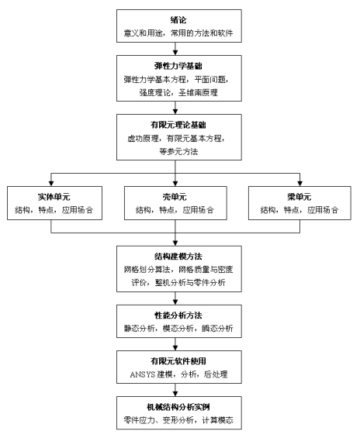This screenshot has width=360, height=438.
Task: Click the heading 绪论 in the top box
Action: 178,20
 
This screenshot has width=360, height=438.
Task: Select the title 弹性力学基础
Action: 178,66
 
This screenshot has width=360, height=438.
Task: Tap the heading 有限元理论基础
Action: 178,125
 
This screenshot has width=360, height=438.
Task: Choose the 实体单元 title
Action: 54,197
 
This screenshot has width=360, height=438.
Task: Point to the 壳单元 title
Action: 175,197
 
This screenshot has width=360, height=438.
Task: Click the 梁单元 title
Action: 299,197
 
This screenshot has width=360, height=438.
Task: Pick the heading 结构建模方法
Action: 178,256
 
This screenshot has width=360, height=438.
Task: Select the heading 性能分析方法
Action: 178,316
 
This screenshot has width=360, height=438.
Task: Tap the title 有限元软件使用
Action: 178,361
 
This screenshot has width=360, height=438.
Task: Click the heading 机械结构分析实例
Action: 178,407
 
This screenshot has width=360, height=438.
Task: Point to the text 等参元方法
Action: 178,152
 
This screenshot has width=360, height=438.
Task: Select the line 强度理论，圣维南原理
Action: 178,93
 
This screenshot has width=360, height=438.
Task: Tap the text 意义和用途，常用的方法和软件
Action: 178,33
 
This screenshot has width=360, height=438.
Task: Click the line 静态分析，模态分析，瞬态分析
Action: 178,329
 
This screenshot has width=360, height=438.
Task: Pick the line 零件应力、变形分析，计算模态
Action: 178,420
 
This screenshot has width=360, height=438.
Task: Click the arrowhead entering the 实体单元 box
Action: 51,184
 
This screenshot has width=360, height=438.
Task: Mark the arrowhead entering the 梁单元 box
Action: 300,184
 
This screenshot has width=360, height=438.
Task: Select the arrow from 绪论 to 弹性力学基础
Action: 175,49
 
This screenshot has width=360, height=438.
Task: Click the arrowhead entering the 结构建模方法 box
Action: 175,243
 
